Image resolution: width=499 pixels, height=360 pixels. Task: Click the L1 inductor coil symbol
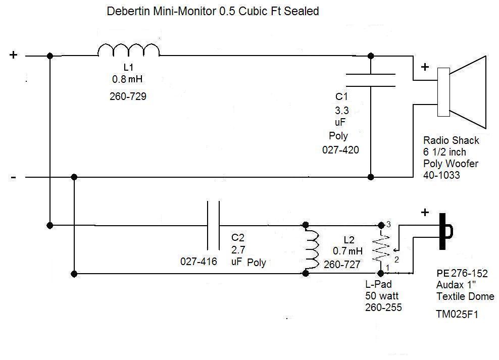point(128,50)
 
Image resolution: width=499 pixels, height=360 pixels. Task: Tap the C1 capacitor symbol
point(370,81)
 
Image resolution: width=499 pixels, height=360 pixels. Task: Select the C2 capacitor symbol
point(213,225)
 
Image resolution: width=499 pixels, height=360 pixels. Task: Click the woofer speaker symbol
point(463,91)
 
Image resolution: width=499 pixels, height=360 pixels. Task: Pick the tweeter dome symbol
point(445,231)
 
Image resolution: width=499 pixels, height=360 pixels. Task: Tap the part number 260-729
point(128,96)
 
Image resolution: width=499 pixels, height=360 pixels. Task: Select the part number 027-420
point(340,150)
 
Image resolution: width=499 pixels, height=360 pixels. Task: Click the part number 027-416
point(198,262)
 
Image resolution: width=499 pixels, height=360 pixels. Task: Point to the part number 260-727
point(342,264)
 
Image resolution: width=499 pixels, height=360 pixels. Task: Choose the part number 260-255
point(383,307)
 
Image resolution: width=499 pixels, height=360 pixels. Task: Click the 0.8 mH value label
point(130,79)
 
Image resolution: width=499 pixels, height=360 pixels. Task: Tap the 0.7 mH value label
point(347,250)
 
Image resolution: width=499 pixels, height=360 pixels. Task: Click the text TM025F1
point(457,315)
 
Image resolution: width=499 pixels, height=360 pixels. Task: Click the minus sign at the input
point(14,177)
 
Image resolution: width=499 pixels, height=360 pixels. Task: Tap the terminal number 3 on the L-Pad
point(388,224)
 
